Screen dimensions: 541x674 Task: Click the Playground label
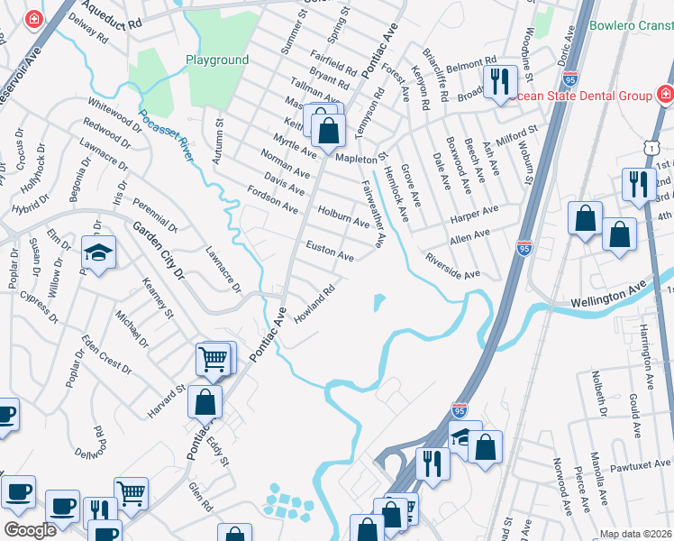[x=216, y=60]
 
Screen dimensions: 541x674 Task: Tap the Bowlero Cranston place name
[x=631, y=25]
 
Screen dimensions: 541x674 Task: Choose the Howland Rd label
[x=315, y=304]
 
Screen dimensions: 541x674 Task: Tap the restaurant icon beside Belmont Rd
[x=498, y=81]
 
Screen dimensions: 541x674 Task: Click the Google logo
[x=30, y=530]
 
